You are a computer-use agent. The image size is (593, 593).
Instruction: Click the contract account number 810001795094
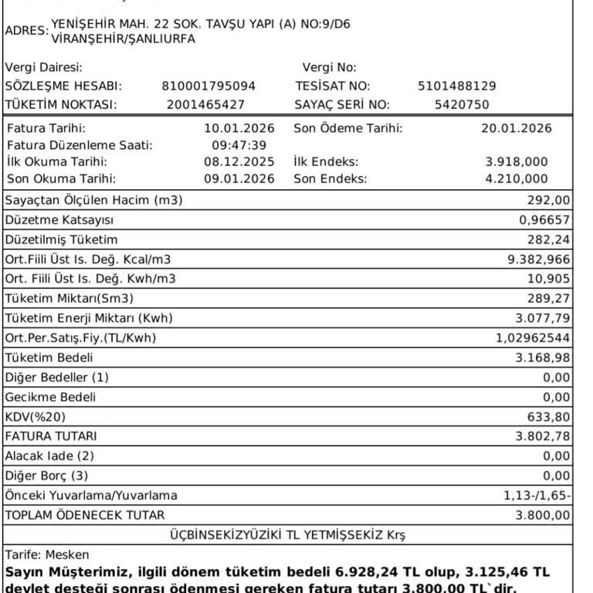coord(208,86)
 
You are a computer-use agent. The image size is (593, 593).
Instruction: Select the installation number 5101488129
coord(456,86)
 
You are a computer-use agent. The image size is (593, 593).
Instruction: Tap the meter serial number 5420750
coord(462,105)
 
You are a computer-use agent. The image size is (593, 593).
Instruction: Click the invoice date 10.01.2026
coord(239,128)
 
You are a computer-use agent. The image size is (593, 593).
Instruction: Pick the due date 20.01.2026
coord(517,128)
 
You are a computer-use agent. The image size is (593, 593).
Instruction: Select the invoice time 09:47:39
coord(239,145)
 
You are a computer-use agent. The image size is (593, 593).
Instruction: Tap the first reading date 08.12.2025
coord(239,162)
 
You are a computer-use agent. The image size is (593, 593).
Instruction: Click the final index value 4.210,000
coord(517,179)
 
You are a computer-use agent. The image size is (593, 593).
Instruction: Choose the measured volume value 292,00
coord(552,201)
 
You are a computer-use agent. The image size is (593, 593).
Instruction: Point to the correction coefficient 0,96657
coord(545,220)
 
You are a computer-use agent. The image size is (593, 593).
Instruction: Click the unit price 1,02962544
coord(533,338)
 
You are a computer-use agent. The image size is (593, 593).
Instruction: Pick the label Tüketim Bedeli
coord(49,357)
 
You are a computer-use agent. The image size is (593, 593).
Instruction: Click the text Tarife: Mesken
coord(47,554)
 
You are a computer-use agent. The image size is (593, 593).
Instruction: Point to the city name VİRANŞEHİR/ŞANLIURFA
coord(123,39)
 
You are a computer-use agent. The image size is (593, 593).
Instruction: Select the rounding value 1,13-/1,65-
coord(537,496)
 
